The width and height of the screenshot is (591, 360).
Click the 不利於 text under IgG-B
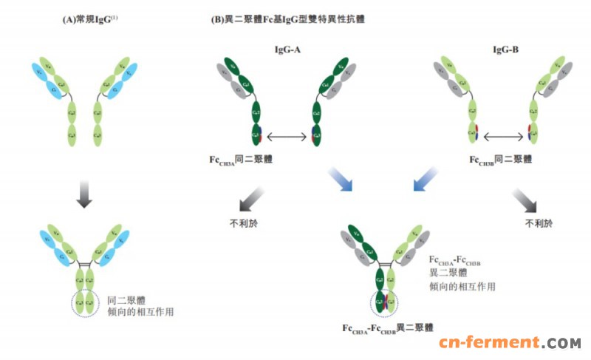pos(538,222)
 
